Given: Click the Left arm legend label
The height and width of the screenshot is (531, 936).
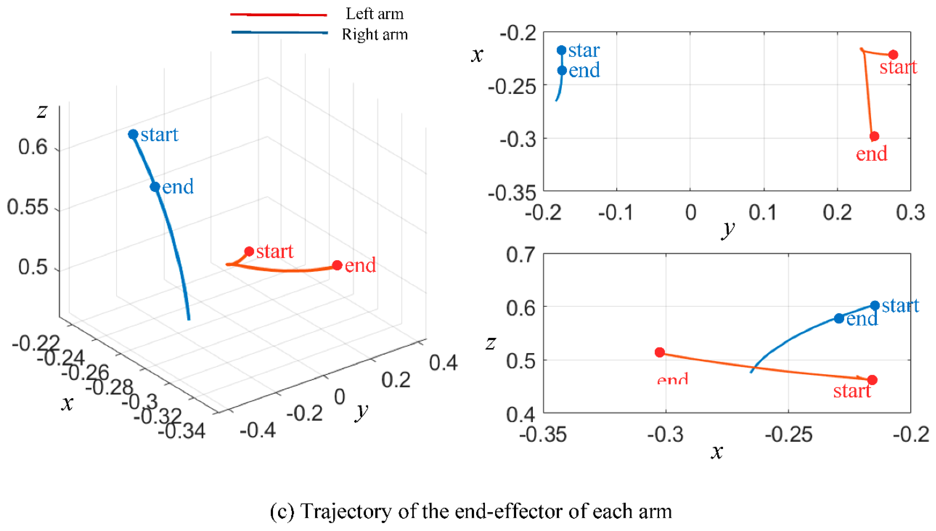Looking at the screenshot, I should pos(374,14).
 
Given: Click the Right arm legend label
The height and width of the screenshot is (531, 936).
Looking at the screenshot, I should pos(374,34).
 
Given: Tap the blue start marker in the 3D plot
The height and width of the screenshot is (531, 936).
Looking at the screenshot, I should pos(133,135).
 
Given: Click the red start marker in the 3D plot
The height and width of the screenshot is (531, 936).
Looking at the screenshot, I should pos(249,251).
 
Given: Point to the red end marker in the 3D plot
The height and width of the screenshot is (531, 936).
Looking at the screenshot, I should pos(337,265).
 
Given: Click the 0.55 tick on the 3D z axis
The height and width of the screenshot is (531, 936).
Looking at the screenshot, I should pos(28,207).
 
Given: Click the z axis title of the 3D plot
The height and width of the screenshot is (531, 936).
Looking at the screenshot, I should pos(42,110).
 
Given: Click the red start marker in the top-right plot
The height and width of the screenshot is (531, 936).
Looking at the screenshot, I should pos(893,55).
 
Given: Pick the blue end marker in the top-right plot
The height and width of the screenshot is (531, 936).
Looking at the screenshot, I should pos(562,70).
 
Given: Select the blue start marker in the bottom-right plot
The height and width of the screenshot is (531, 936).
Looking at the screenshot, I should pos(875,305).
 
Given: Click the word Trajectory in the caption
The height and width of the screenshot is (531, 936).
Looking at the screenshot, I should pos(346,511).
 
